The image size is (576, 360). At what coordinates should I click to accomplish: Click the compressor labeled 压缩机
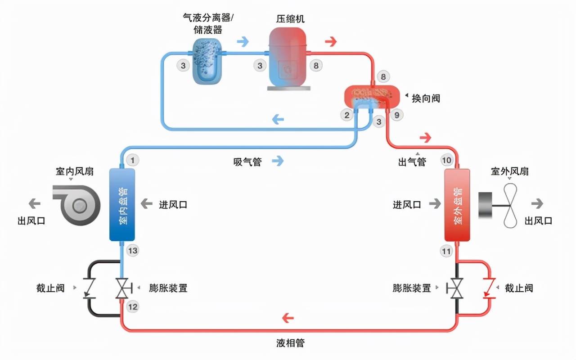288,58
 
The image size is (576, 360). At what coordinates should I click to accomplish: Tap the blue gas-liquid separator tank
207,61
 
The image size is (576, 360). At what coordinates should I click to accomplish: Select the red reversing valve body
372,97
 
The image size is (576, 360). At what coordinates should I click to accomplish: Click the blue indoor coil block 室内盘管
122,205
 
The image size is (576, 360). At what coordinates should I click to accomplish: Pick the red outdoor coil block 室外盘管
457,205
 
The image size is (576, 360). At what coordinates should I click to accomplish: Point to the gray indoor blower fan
76,205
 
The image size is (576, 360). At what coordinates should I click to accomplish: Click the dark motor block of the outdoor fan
485,205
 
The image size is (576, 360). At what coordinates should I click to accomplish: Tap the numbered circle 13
133,251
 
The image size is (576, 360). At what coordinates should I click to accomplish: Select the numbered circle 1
133,161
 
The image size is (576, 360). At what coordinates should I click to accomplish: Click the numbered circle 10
447,161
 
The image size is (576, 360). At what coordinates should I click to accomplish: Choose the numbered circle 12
133,307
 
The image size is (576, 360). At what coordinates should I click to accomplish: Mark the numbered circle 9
397,115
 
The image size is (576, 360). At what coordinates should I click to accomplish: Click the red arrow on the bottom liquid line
288,318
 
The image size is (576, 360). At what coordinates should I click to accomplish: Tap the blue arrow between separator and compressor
243,42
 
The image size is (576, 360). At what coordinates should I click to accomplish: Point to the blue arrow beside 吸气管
278,161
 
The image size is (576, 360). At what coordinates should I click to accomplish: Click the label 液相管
290,343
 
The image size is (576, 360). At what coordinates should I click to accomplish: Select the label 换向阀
426,99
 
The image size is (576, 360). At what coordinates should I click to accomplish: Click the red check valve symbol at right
489,288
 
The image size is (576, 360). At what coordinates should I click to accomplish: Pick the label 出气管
412,162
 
